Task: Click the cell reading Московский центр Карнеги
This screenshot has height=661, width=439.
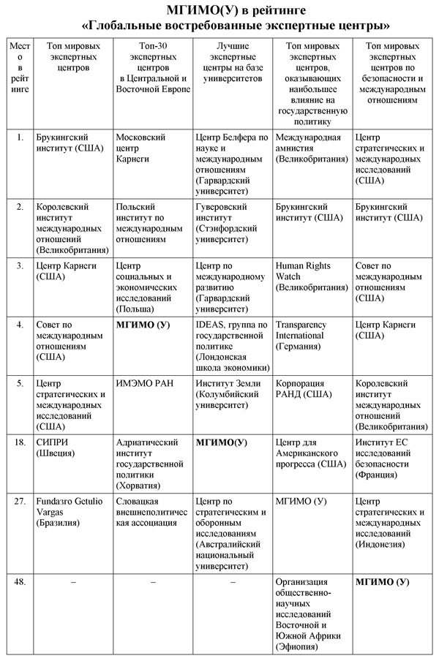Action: coord(141,148)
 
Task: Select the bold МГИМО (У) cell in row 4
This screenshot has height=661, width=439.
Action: coord(143,324)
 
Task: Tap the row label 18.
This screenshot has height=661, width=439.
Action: coord(20,442)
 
